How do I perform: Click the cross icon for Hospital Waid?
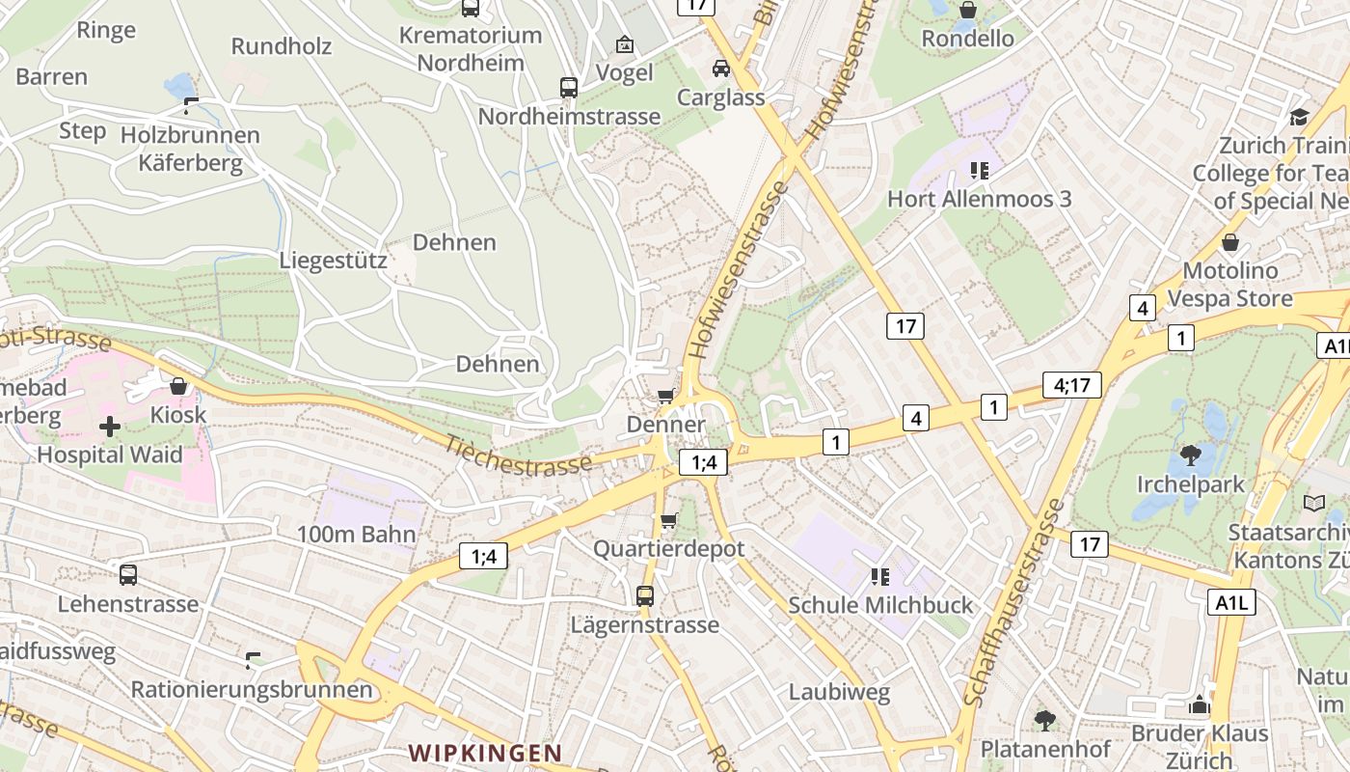click(x=110, y=426)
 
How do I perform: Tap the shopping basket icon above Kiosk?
click(x=178, y=387)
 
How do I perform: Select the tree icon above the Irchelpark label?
click(x=1191, y=455)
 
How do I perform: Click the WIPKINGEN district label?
click(x=484, y=753)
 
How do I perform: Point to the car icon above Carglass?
click(x=720, y=69)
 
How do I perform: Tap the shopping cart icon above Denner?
click(x=665, y=397)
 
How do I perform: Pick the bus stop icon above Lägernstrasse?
click(x=644, y=596)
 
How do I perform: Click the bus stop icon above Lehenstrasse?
click(x=127, y=575)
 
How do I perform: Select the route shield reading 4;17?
click(x=1071, y=385)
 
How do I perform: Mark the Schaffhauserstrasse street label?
click(x=1015, y=602)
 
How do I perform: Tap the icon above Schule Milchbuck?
click(x=879, y=577)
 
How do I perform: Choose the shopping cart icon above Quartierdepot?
click(x=668, y=521)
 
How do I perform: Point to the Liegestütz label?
click(x=334, y=261)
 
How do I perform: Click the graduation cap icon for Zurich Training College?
click(x=1298, y=118)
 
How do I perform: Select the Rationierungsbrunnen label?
click(x=251, y=690)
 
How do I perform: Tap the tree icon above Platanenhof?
click(x=1044, y=720)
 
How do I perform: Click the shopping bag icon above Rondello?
click(x=967, y=11)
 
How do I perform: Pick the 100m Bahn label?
click(x=356, y=535)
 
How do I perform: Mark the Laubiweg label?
click(x=839, y=692)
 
